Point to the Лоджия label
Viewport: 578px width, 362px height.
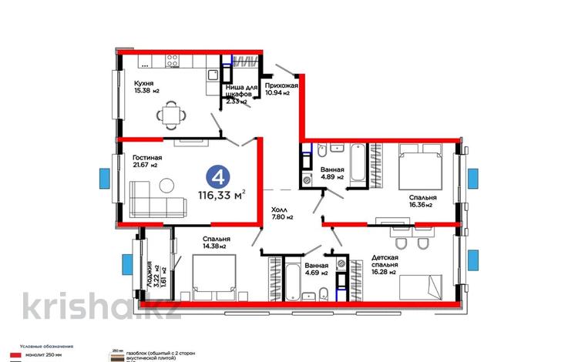pyautogui.click(x=143, y=274)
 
